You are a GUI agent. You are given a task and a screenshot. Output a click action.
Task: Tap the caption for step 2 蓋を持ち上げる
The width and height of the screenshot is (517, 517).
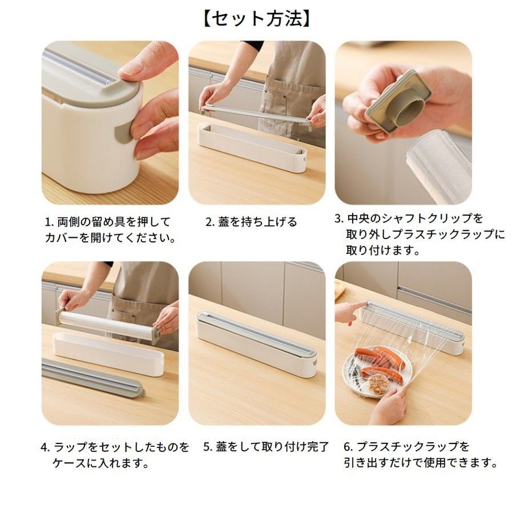click(251, 222)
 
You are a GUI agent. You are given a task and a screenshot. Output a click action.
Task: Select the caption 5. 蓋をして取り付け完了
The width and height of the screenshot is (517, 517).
click(266, 447)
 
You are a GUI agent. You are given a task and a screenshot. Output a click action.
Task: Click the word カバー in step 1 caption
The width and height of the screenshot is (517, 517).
click(62, 237)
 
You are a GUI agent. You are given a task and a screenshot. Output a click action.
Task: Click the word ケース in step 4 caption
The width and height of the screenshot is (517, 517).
click(70, 463)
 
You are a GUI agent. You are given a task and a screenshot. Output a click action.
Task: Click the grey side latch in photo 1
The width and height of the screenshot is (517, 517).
click(122, 133)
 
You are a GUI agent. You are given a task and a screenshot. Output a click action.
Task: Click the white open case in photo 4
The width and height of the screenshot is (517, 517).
click(108, 354)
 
